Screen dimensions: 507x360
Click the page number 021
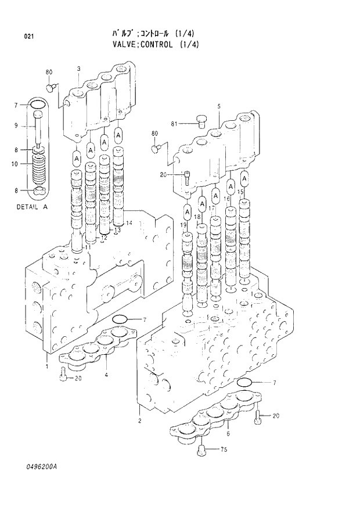[28, 37]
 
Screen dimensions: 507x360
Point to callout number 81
[174, 123]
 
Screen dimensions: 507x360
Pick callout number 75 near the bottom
[222, 450]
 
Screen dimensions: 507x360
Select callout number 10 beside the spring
[14, 164]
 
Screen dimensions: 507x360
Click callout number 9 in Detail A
[16, 126]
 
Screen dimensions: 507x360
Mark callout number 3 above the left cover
[78, 70]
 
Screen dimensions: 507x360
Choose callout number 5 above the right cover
[219, 106]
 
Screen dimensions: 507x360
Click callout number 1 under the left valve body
[46, 366]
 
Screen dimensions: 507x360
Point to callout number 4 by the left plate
[106, 375]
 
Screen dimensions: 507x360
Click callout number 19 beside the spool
[183, 225]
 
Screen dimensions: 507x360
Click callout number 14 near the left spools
[129, 223]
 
